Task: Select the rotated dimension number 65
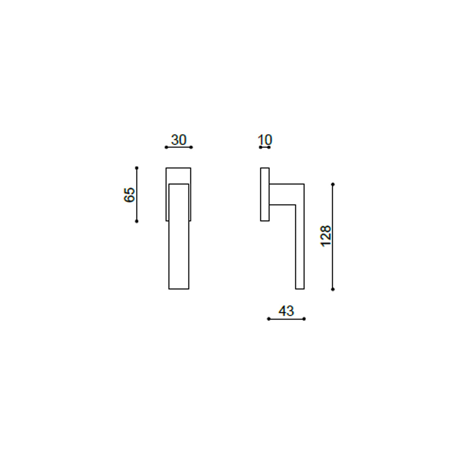(x=129, y=195)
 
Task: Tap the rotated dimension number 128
(x=326, y=236)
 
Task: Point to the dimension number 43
(x=287, y=311)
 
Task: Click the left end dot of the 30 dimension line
(x=166, y=147)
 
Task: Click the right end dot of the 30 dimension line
(x=191, y=147)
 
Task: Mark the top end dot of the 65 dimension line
(x=136, y=168)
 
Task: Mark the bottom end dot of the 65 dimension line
(x=136, y=221)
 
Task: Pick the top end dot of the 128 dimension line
(x=333, y=184)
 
